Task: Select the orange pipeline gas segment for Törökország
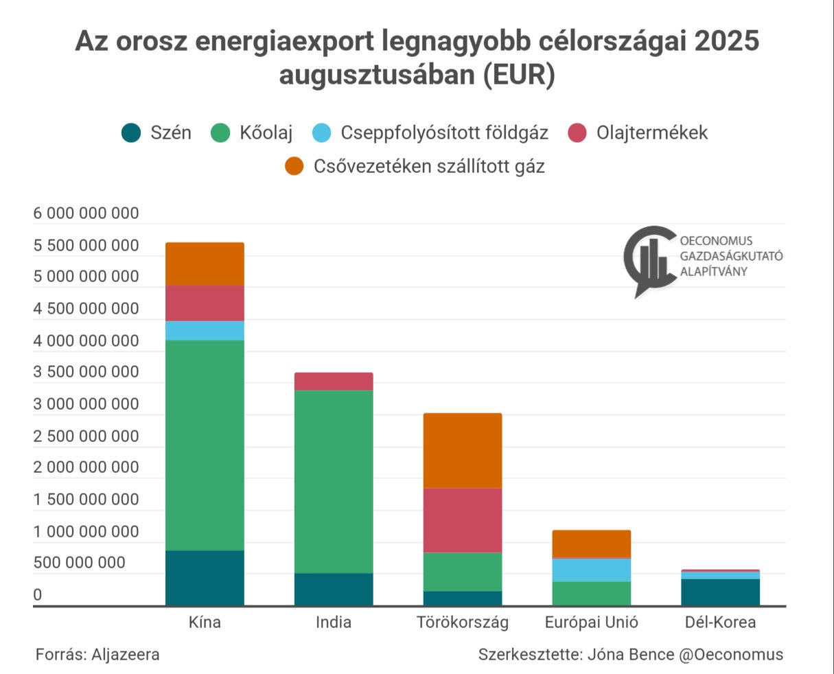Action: click(462, 450)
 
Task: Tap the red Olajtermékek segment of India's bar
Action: click(334, 382)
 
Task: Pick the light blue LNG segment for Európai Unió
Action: click(591, 570)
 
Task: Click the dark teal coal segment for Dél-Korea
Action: click(720, 592)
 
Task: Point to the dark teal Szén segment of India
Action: click(334, 589)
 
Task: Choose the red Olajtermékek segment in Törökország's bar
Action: click(462, 520)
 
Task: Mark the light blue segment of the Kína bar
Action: click(205, 330)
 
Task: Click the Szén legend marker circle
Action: click(131, 132)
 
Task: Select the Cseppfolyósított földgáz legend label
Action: click(444, 132)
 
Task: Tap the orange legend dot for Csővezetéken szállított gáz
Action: click(294, 166)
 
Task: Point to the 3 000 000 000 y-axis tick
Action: click(86, 404)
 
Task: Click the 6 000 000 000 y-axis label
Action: click(86, 213)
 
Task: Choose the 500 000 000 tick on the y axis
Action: click(79, 563)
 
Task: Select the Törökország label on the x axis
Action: click(462, 623)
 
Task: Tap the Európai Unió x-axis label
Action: click(591, 623)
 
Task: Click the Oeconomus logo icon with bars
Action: click(649, 259)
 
